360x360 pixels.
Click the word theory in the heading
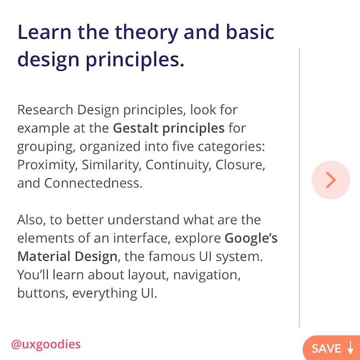coord(146,33)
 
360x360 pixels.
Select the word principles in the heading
coord(135,60)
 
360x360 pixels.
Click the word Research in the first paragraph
coord(45,110)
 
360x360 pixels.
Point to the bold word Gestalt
coord(136,128)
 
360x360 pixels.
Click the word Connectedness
coord(93,183)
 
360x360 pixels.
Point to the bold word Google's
coord(251,239)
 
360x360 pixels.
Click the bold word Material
coord(44,256)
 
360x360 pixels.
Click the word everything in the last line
coord(104,294)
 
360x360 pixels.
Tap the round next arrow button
coord(331,180)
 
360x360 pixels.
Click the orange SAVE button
coord(332,348)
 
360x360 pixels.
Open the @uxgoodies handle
coord(46,344)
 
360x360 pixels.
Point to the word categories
coord(231,147)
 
